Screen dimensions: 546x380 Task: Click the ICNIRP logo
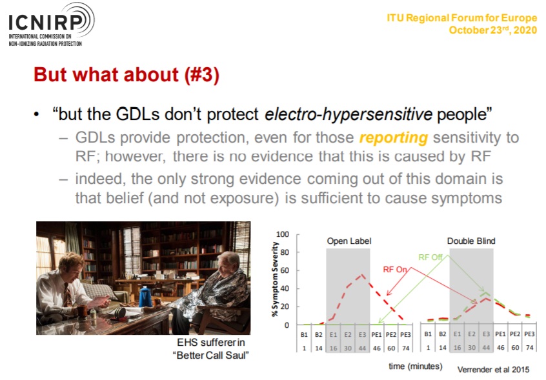pyautogui.click(x=51, y=25)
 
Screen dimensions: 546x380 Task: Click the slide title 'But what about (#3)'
pyautogui.click(x=126, y=74)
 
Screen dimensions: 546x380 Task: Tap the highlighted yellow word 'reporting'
pyautogui.click(x=394, y=138)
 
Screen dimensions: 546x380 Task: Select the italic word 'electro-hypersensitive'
pyautogui.click(x=349, y=114)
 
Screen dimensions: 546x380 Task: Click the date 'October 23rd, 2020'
pyautogui.click(x=492, y=30)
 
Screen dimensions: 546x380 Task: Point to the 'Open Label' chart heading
pyautogui.click(x=349, y=241)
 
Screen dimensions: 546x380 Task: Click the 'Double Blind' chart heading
pyautogui.click(x=470, y=241)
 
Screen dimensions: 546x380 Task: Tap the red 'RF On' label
pyautogui.click(x=395, y=270)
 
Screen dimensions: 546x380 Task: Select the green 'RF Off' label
pyautogui.click(x=430, y=257)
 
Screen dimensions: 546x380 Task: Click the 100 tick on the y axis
pyautogui.click(x=283, y=234)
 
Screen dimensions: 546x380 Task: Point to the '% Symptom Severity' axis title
pyautogui.click(x=275, y=279)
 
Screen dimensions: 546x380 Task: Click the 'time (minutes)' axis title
pyautogui.click(x=416, y=366)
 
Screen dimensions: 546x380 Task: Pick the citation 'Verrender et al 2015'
pyautogui.click(x=494, y=370)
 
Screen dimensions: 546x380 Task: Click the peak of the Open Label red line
pyautogui.click(x=363, y=275)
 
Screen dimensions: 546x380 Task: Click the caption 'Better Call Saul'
pyautogui.click(x=211, y=355)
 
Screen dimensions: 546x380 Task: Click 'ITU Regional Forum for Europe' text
pyautogui.click(x=462, y=18)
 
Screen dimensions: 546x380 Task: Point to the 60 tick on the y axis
pyautogui.click(x=285, y=270)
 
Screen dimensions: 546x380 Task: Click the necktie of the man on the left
pyautogui.click(x=68, y=294)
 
